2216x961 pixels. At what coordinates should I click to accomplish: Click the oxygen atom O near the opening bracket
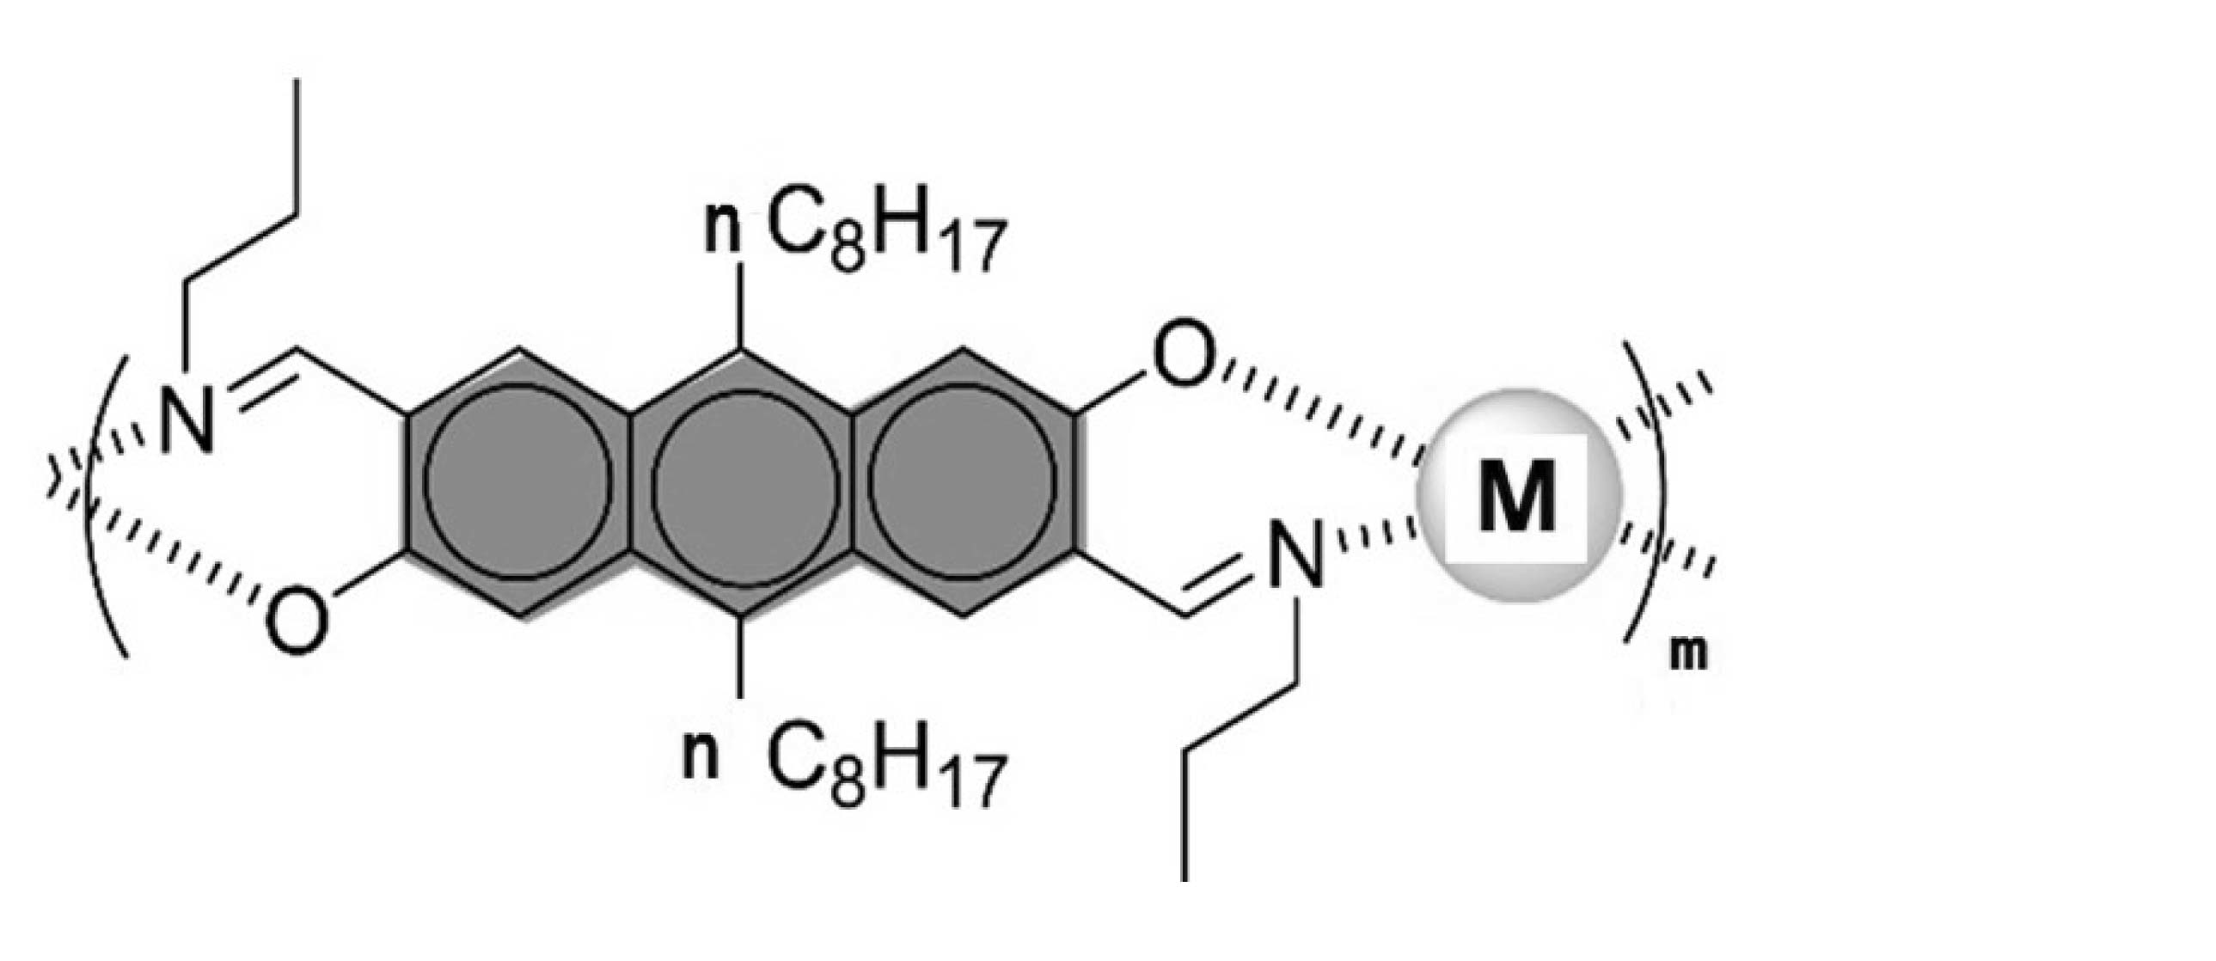tap(297, 617)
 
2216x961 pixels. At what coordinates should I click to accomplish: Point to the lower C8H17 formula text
tap(886, 771)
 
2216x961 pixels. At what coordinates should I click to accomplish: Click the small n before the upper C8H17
tap(723, 230)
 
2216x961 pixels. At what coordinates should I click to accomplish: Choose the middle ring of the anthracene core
tap(742, 481)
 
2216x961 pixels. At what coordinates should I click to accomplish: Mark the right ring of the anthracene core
tap(964, 481)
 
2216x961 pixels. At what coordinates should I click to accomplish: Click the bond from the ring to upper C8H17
tap(742, 305)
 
